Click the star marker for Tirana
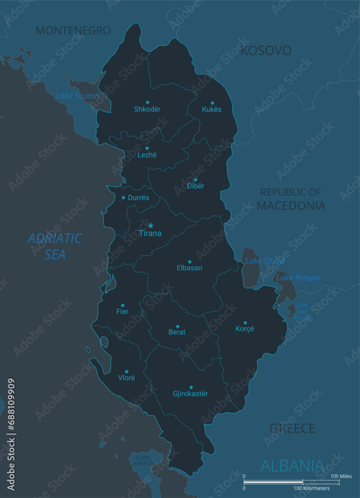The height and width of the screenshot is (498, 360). [x=150, y=226]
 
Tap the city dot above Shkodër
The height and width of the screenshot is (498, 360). [x=147, y=102]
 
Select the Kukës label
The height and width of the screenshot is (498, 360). [x=212, y=110]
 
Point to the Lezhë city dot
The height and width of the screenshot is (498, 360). [x=147, y=148]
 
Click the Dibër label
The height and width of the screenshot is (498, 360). [x=195, y=186]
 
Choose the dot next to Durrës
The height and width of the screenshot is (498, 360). [x=123, y=198]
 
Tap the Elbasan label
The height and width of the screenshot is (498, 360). [x=189, y=268]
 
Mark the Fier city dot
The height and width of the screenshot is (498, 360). [x=122, y=305]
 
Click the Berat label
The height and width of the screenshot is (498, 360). [x=177, y=332]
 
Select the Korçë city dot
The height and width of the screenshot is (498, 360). [x=245, y=323]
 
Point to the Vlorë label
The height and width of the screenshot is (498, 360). [x=126, y=378]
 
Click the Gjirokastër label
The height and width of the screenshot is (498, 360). [x=190, y=394]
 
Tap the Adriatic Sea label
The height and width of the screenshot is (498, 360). [x=55, y=246]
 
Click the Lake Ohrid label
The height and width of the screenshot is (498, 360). [x=265, y=261]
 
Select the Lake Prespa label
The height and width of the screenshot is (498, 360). [x=298, y=278]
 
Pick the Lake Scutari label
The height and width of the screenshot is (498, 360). [x=78, y=96]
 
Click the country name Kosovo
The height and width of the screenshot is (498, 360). [x=266, y=50]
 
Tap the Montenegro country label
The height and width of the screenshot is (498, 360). [x=73, y=30]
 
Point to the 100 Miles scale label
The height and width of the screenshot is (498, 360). [x=327, y=477]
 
